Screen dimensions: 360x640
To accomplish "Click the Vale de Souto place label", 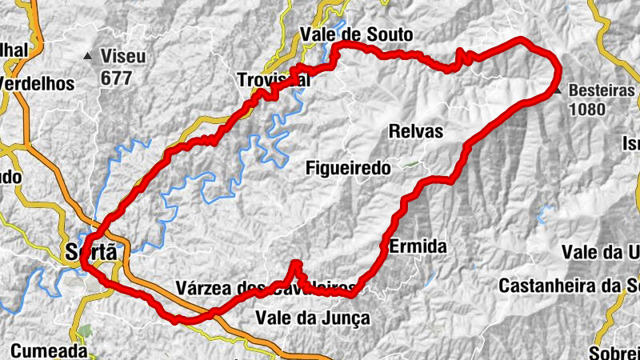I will (x=356, y=34).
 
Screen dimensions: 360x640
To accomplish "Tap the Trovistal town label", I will (x=273, y=81).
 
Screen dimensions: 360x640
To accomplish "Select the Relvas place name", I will (x=415, y=131).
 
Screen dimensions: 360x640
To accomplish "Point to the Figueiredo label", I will (x=348, y=168).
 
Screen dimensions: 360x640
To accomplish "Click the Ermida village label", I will (x=416, y=247).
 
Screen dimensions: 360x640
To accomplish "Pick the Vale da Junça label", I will (x=313, y=318).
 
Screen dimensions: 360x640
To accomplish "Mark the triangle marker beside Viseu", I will (x=88, y=56).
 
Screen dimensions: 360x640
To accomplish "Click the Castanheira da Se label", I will (x=569, y=285).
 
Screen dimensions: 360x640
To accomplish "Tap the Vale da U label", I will (x=601, y=252).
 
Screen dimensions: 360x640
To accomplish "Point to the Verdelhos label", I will (x=38, y=83).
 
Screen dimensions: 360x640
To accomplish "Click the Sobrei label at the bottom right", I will (x=614, y=353).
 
